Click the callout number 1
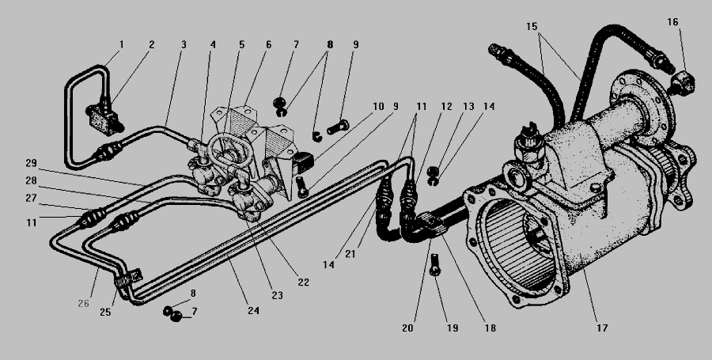121,45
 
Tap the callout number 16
672,22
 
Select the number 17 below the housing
602,328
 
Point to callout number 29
32,163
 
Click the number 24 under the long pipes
253,310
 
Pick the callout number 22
303,282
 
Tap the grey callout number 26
84,303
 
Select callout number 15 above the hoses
532,26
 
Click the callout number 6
268,45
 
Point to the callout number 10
378,107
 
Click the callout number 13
468,107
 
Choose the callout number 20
407,328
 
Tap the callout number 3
184,45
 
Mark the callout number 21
350,254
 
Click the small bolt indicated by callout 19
434,264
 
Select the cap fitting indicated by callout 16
681,81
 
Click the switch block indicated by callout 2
104,119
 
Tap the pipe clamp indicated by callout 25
129,279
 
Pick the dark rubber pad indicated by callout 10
304,161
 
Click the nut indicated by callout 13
434,171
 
